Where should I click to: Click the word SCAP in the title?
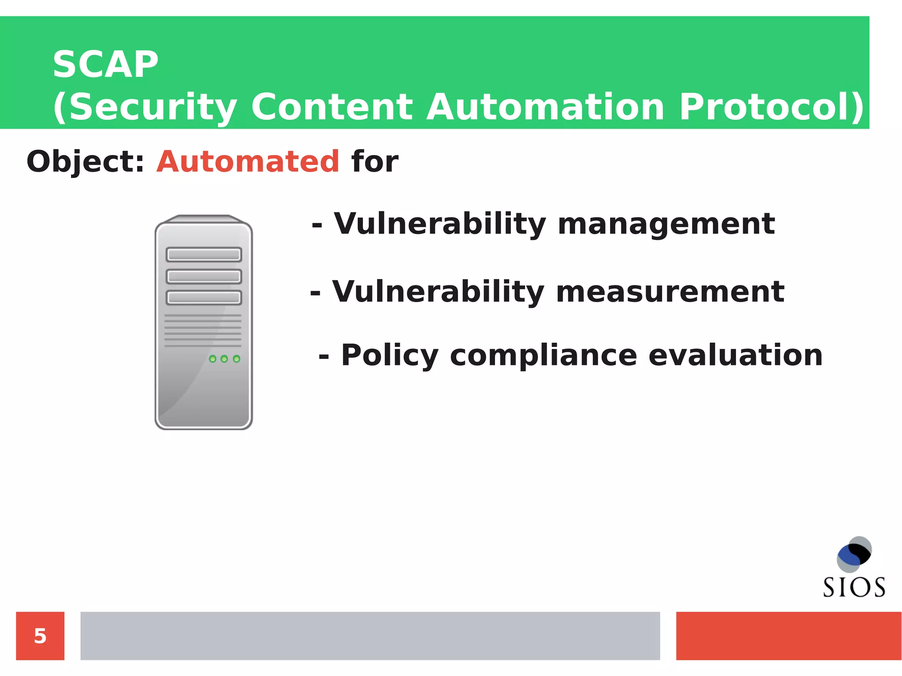(x=105, y=65)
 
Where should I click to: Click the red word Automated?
(x=248, y=162)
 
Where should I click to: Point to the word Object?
(x=81, y=162)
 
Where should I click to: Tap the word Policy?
(x=390, y=355)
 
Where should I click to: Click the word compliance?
(x=543, y=355)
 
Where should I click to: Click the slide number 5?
(x=40, y=636)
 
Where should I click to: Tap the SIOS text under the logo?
(x=854, y=587)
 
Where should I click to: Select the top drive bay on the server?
(x=204, y=255)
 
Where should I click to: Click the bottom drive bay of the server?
(x=204, y=298)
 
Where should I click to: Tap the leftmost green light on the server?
(x=213, y=359)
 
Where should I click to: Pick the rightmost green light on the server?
(x=237, y=359)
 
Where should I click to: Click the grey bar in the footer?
(x=370, y=636)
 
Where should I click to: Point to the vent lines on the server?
(x=203, y=330)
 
